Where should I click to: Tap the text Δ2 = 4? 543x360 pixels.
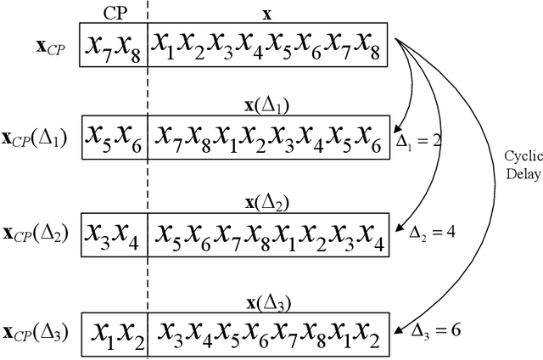click(x=431, y=232)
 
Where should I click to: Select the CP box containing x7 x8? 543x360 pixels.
click(x=114, y=46)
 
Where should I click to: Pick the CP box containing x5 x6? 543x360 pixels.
click(x=114, y=138)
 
